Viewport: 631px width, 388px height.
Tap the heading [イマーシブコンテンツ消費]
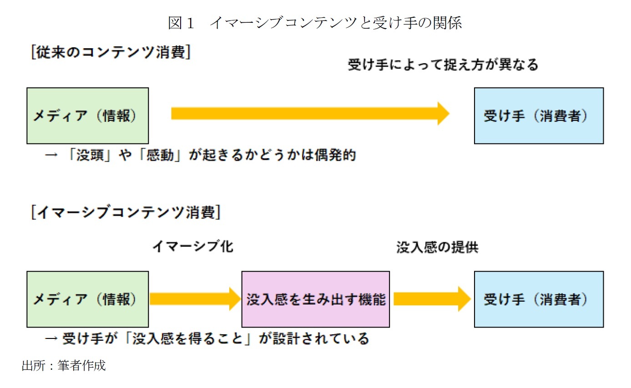click(126, 213)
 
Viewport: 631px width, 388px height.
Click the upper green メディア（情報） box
click(88, 116)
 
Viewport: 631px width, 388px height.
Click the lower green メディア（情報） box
click(88, 299)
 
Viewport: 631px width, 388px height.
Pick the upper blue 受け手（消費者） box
click(539, 116)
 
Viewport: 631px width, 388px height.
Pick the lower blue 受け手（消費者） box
click(539, 299)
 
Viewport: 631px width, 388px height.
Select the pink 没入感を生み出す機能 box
click(315, 299)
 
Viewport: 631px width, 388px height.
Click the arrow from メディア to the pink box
click(195, 298)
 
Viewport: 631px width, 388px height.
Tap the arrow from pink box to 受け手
click(432, 298)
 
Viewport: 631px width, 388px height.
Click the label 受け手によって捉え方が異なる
click(443, 65)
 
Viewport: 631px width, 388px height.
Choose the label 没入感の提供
click(437, 248)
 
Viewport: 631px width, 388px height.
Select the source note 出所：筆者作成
click(64, 366)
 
